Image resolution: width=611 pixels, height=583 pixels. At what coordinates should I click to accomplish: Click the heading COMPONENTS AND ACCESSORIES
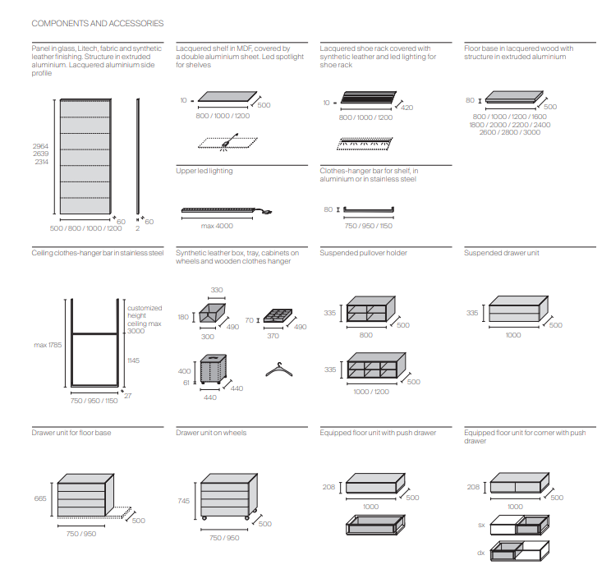(x=97, y=24)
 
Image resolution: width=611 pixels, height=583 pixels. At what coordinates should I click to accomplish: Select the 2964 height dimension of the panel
(x=41, y=145)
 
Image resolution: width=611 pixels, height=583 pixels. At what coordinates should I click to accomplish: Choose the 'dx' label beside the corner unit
(x=481, y=552)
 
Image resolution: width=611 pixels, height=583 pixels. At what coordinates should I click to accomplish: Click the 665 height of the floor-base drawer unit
(x=40, y=498)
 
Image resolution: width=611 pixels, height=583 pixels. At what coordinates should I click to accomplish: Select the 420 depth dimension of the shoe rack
(x=407, y=108)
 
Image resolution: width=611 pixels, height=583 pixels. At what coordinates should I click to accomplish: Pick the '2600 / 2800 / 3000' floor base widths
(x=509, y=131)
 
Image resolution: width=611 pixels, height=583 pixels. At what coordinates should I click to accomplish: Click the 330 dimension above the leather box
(x=217, y=290)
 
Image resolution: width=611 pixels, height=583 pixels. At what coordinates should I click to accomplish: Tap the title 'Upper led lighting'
(x=204, y=171)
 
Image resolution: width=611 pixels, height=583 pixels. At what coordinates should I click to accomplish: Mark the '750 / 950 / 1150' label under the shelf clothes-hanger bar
(x=369, y=225)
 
